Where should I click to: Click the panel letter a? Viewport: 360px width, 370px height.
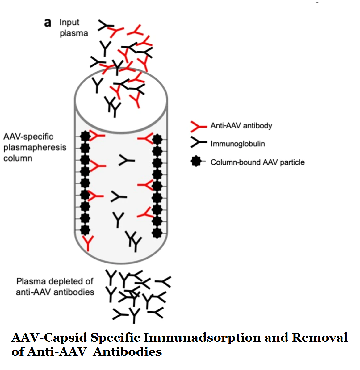[x=48, y=23]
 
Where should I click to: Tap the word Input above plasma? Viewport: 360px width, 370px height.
[x=69, y=22]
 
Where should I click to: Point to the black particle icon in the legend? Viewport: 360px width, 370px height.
[x=196, y=162]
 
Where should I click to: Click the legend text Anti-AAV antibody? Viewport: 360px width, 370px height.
[x=241, y=126]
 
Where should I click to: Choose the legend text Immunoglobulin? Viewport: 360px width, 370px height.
[x=238, y=144]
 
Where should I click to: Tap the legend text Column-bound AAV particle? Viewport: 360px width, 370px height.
[x=257, y=162]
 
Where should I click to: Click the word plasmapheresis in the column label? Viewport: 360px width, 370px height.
[x=35, y=147]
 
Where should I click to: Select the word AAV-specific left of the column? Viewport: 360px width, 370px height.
[x=28, y=137]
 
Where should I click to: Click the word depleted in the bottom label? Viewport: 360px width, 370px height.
[x=66, y=281]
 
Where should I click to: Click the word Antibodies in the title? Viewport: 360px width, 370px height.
[x=127, y=351]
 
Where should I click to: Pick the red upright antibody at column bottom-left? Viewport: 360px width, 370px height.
[x=88, y=243]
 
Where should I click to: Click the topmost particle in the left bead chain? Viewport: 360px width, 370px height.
[x=85, y=136]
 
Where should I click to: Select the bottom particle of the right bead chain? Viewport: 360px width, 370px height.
[x=157, y=232]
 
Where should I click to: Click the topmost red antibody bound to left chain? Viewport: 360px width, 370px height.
[x=97, y=136]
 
